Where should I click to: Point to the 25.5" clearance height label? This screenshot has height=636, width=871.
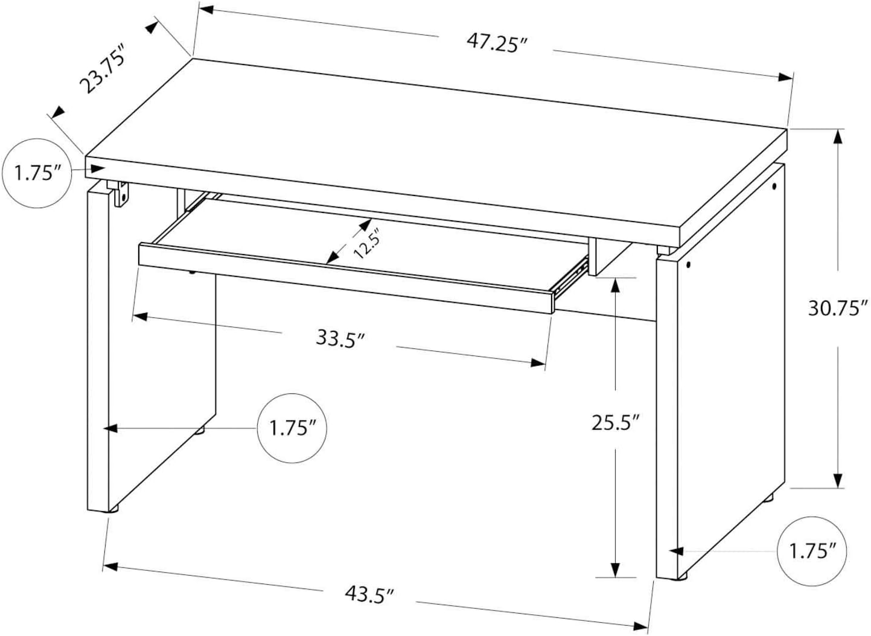point(616,422)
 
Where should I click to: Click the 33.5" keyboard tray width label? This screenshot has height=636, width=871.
point(340,338)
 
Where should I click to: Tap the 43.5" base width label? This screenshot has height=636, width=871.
point(369,605)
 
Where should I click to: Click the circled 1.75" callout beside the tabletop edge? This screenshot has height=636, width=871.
point(37,173)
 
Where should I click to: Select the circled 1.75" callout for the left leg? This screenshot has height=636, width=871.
point(292,428)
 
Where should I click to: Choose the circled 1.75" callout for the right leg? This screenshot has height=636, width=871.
point(812,552)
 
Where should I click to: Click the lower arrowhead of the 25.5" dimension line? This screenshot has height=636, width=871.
point(615,570)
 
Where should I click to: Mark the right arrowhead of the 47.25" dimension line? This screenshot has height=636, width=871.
point(785,77)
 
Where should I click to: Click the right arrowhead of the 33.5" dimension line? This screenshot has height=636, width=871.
point(538,363)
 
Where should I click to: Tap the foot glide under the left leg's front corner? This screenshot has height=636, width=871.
point(113,509)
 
